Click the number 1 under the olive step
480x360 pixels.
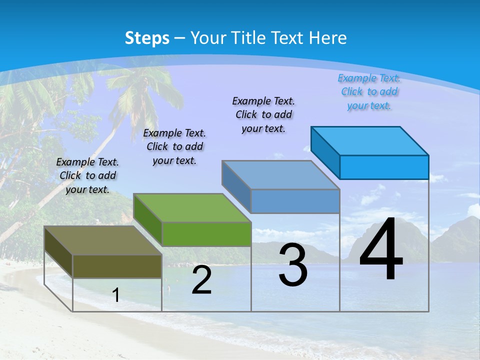coord(116,295)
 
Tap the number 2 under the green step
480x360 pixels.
coord(201,280)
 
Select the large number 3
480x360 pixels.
coord(293,265)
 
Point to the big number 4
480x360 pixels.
coord(381,249)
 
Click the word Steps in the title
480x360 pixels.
coord(147,38)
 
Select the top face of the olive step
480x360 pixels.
coord(102,240)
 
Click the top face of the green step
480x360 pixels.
coord(192,207)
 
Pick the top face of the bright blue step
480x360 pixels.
coord(370,140)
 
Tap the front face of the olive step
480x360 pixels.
coord(117,266)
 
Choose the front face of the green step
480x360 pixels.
coord(206,234)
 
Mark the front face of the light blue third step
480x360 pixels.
coord(295,201)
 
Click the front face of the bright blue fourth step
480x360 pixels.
coord(384,167)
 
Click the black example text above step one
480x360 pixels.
coord(87,175)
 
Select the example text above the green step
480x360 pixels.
coord(174,146)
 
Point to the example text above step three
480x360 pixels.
coord(263,114)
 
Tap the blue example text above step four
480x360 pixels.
coord(369,91)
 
